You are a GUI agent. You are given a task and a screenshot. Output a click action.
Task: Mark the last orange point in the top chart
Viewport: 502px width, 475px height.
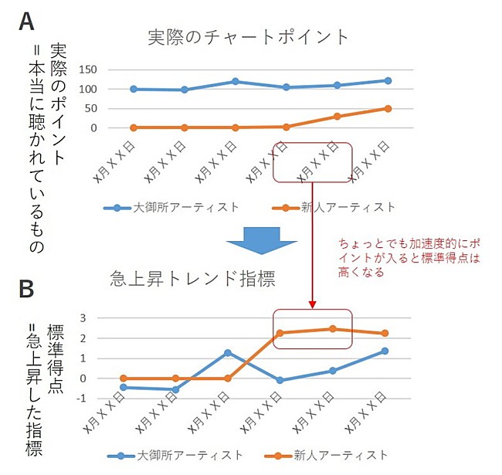(x=388, y=109)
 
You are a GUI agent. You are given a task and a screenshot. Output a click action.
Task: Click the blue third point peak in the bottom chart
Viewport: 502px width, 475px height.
(x=228, y=353)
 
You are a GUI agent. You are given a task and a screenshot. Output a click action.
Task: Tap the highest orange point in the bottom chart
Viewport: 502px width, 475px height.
(x=332, y=328)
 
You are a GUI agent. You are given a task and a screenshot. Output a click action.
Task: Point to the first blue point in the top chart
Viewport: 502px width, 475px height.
(x=134, y=89)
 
